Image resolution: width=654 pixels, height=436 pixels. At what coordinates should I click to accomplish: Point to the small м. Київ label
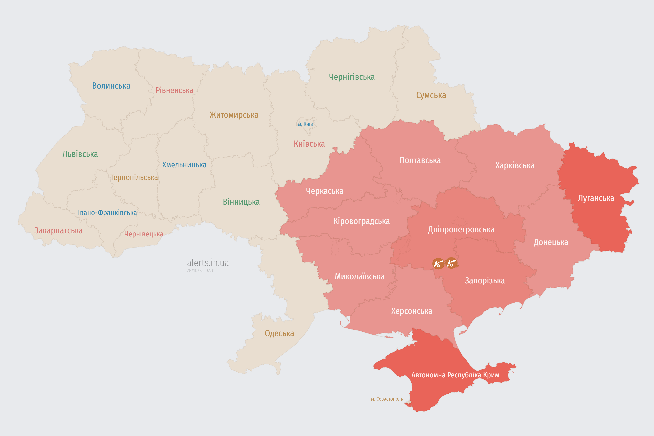tap(305, 124)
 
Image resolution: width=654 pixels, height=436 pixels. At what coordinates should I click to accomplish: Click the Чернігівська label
tap(352, 77)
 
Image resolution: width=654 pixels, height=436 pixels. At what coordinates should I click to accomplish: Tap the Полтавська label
tap(420, 160)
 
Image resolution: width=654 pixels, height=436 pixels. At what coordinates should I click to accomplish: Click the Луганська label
tap(596, 198)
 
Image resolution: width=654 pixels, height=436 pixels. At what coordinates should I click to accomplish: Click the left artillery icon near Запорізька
tap(438, 263)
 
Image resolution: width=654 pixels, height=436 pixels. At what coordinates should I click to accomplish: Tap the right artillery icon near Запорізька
tap(451, 263)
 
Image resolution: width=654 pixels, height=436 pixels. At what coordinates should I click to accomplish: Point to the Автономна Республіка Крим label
tap(455, 375)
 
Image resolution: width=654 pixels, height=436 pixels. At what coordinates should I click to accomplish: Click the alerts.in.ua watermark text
tap(208, 263)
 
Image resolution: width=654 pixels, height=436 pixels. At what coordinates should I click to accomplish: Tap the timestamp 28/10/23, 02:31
tap(200, 271)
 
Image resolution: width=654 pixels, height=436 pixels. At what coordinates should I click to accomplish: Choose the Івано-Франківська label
tap(107, 213)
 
